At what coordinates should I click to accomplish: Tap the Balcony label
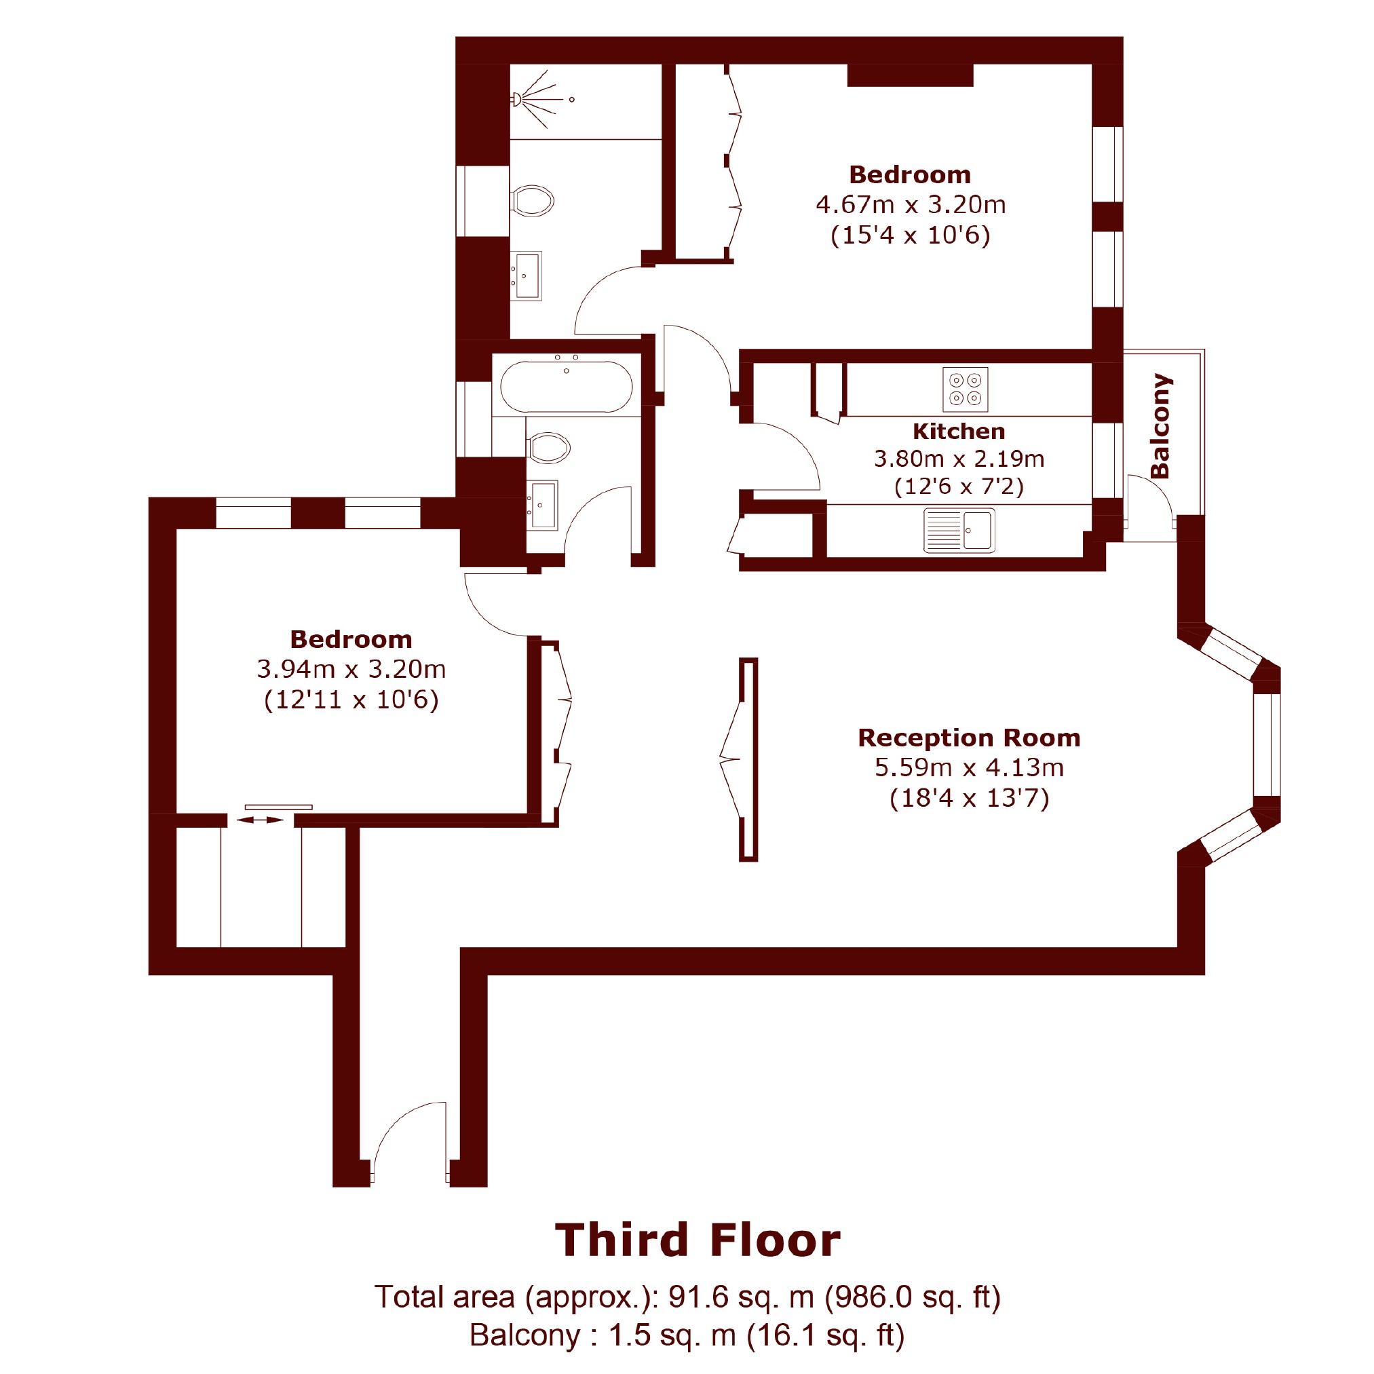(x=1160, y=426)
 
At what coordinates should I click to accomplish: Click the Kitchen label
(x=959, y=431)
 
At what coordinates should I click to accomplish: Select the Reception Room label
(x=970, y=738)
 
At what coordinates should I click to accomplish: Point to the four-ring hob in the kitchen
(x=965, y=389)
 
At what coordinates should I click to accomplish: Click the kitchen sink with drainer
(x=959, y=531)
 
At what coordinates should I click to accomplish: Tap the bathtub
(x=566, y=387)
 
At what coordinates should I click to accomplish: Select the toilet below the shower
(x=532, y=201)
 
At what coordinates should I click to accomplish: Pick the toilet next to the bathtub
(x=548, y=448)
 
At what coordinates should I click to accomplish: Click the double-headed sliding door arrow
(x=260, y=820)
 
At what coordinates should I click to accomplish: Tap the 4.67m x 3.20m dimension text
(x=911, y=205)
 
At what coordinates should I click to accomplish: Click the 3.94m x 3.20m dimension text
(x=351, y=669)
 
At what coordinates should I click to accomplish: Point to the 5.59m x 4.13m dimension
(x=970, y=767)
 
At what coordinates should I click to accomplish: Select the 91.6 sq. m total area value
(x=740, y=1297)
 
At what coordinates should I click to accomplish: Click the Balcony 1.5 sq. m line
(x=687, y=1335)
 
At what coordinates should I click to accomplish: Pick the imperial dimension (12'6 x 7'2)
(x=959, y=486)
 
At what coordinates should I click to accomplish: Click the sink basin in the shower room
(x=527, y=276)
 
